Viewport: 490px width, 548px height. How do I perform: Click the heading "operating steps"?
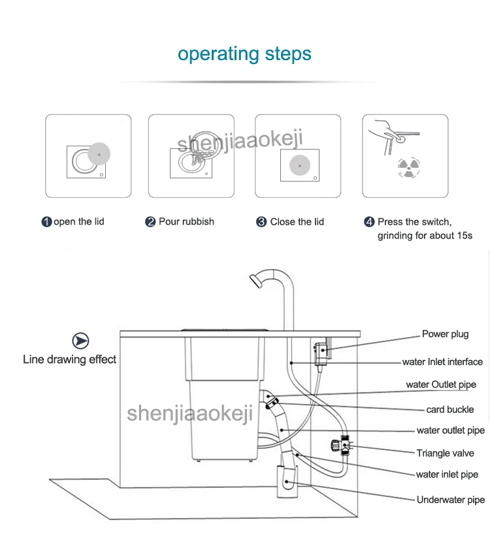244,54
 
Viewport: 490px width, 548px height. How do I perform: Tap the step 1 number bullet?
46,222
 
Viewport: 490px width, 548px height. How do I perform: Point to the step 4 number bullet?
369,222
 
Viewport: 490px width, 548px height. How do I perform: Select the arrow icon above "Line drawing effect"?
80,341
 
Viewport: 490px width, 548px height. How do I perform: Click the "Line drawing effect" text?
69,359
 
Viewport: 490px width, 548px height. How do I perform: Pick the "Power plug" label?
445,334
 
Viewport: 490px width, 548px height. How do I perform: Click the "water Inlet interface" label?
442,362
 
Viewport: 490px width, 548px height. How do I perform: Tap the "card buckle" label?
449,410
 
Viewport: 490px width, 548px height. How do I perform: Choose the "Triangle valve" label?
445,453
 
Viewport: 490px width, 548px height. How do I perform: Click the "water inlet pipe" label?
447,475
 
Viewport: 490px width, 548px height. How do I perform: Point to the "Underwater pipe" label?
451,500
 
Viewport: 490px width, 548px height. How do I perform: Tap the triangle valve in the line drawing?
340,445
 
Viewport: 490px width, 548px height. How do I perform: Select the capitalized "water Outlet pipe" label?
441,385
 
